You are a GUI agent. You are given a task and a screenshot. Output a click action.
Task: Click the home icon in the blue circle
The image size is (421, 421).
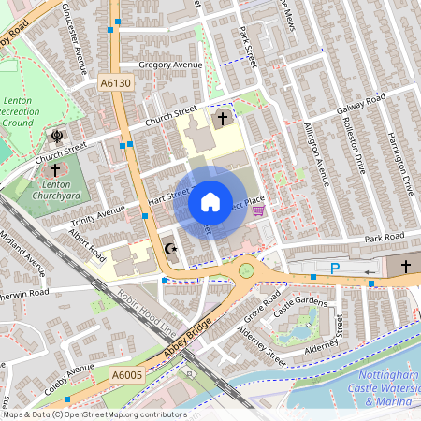(x=210, y=202)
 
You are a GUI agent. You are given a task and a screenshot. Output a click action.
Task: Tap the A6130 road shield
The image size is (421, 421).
(x=116, y=84)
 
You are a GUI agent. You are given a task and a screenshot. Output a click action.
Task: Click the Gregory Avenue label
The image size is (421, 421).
(x=169, y=65)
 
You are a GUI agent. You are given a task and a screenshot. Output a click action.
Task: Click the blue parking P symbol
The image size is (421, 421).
(x=335, y=269)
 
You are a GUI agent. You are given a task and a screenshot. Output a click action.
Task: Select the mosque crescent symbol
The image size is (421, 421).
(x=169, y=249)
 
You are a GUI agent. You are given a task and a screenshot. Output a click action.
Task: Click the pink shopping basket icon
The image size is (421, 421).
(x=258, y=211)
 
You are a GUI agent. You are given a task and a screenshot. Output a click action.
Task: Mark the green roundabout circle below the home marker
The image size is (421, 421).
(x=247, y=270)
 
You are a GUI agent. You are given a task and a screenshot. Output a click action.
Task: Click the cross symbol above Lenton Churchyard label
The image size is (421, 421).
(x=55, y=170)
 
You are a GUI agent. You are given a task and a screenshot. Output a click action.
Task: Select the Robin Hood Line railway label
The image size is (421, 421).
(x=145, y=314)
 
